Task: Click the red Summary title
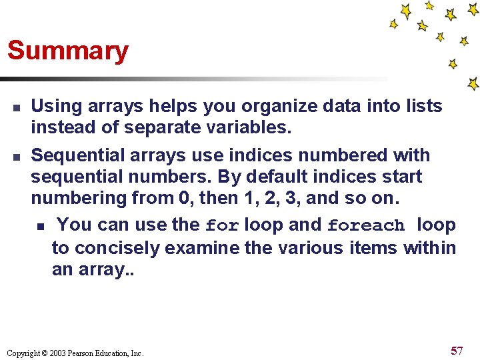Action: coord(67,51)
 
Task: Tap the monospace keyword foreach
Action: coord(366,226)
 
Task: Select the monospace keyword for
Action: coord(222,226)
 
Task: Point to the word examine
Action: coord(202,248)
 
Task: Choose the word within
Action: coord(429,248)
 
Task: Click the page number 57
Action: coord(457,351)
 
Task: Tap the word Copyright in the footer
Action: coord(24,353)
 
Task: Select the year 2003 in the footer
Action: coord(62,353)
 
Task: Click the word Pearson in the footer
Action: coord(86,353)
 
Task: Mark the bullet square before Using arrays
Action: coord(16,107)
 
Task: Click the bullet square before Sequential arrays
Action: coord(16,157)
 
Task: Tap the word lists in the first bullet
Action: coord(423,106)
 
